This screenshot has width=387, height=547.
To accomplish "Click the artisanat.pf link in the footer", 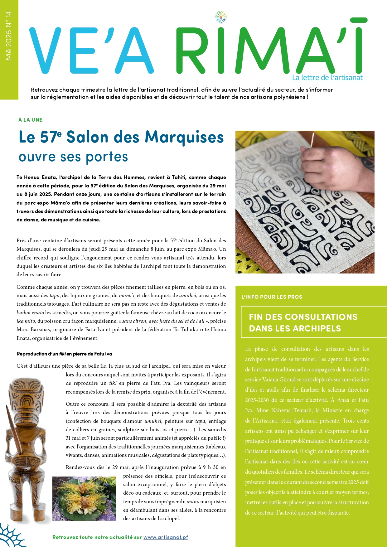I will coord(166,537).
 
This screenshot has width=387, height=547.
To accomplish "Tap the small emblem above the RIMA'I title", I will coord(221,17).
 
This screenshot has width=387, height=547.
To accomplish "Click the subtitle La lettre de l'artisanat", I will coord(327,78).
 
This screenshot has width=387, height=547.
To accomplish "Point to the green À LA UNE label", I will coord(30,120).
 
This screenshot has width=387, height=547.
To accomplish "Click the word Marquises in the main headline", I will coord(184,137).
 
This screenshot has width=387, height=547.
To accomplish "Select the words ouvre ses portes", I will coord(73,157).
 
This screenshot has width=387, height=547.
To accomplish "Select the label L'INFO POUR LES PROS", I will coord(272,297).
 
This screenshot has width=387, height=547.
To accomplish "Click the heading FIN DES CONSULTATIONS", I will coord(303,317).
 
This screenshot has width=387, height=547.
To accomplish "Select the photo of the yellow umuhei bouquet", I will coord(84,498).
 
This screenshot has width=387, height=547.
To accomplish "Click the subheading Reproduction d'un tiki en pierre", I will coord(64,354).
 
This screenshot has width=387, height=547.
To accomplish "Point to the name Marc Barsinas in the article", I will coord(34,330).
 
